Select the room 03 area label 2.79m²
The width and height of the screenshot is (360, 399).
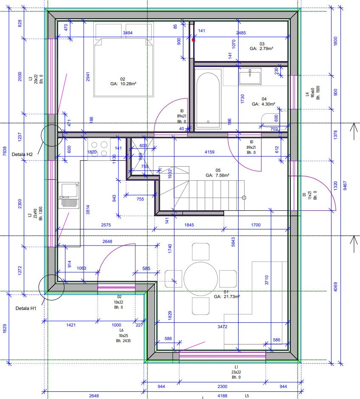click(261, 49)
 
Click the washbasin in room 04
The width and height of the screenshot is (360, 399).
click(250, 78)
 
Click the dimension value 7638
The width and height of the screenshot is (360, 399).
click(5, 151)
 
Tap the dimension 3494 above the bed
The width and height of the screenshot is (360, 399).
click(127, 33)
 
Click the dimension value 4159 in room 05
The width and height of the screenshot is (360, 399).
click(209, 152)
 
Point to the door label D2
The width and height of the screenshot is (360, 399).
click(119, 297)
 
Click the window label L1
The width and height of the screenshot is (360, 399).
click(236, 366)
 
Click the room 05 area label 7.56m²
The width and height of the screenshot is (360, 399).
click(217, 175)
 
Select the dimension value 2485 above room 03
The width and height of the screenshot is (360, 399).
click(241, 33)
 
